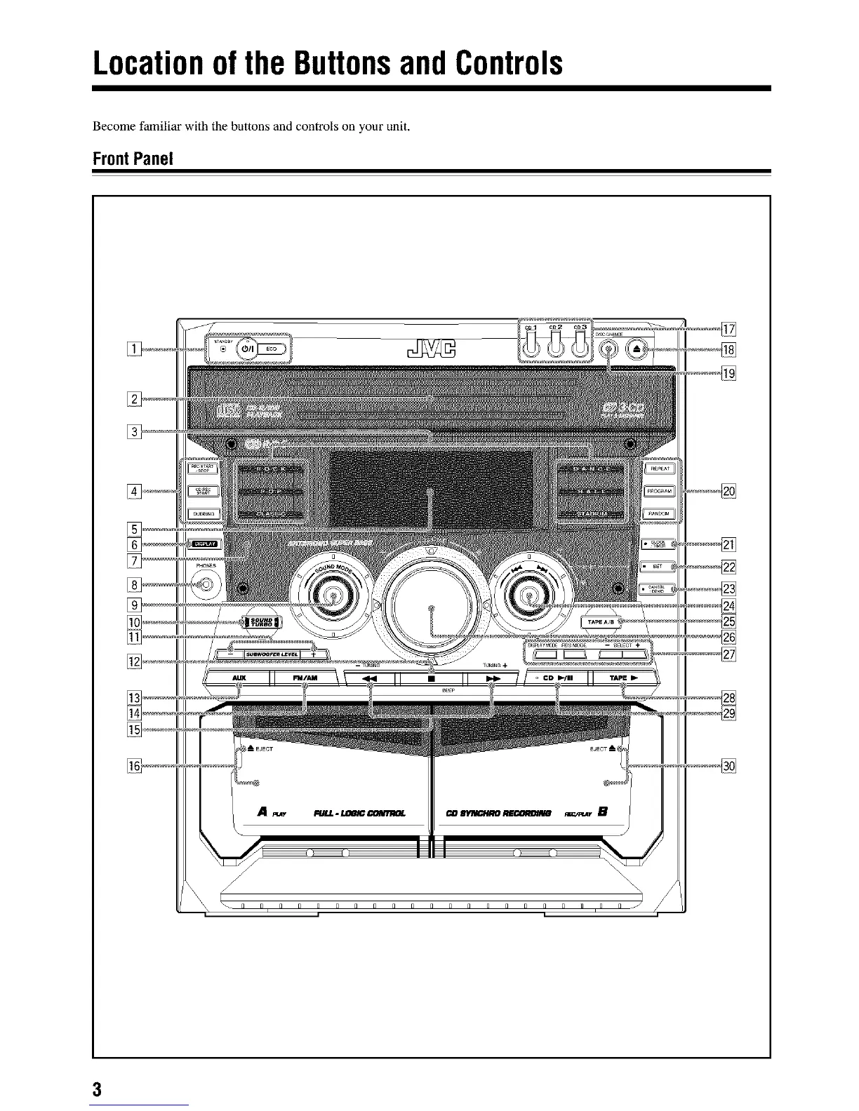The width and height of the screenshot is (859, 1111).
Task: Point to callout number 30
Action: [x=728, y=765]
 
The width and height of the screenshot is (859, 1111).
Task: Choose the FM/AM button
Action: [x=304, y=678]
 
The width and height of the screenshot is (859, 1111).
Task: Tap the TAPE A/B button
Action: [x=600, y=621]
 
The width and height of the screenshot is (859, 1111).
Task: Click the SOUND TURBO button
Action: [x=260, y=621]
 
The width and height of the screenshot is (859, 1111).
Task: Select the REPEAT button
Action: [x=658, y=469]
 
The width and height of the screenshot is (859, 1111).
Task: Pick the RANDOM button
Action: [x=658, y=513]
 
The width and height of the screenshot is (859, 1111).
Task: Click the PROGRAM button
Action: [x=658, y=491]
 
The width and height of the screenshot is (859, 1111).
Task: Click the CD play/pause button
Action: [x=558, y=678]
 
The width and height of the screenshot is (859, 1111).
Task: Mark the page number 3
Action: [x=97, y=1090]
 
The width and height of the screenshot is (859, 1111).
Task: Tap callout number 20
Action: [x=728, y=491]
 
